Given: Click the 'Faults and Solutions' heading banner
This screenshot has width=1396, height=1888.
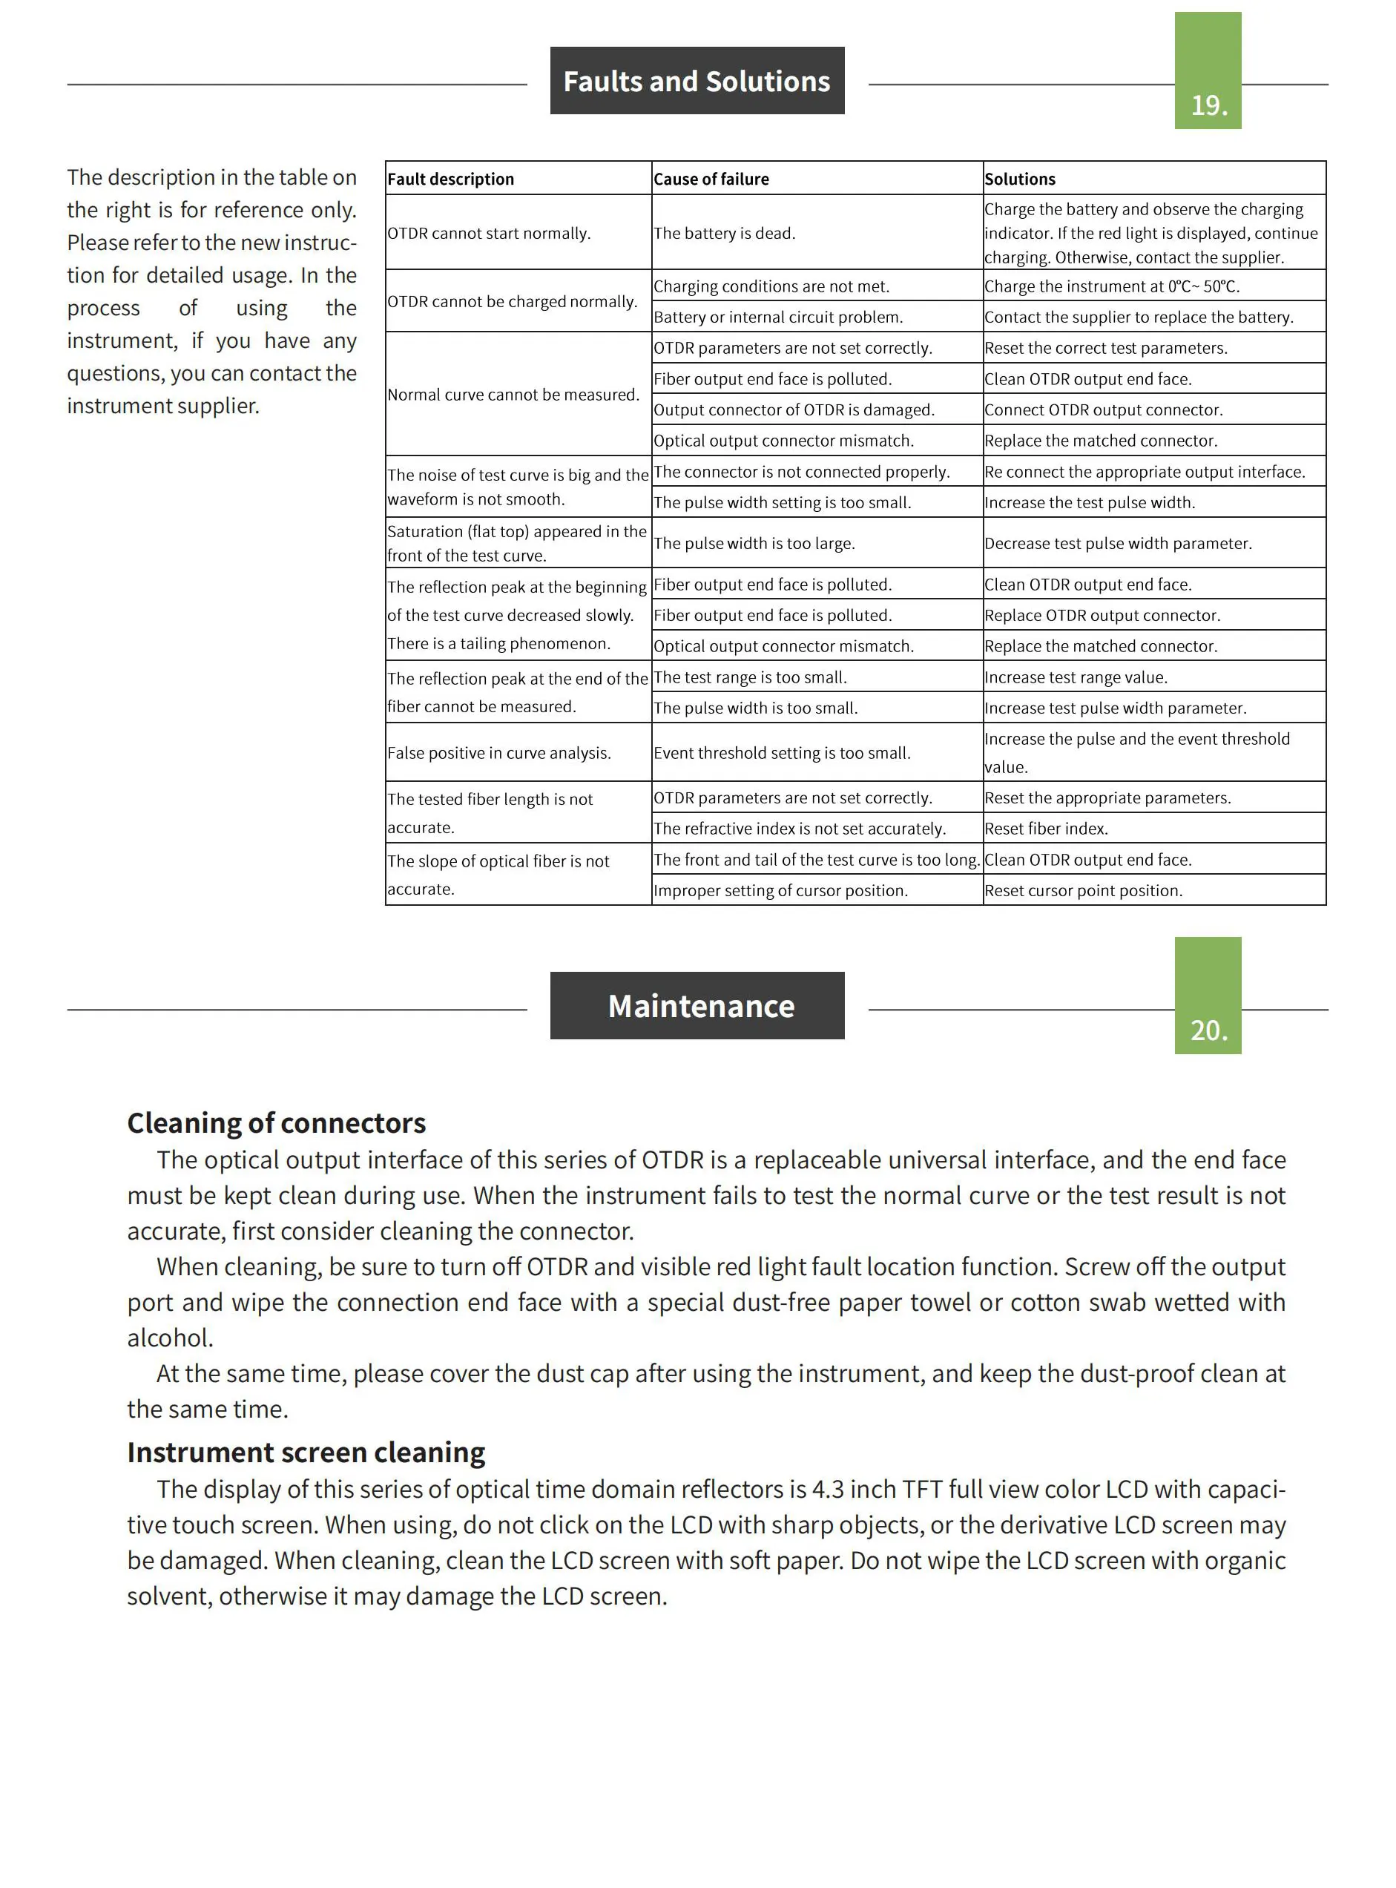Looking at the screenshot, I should click(x=697, y=81).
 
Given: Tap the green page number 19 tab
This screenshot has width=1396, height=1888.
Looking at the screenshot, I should click(x=1208, y=72).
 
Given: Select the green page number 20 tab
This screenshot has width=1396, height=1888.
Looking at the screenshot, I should click(x=1208, y=996).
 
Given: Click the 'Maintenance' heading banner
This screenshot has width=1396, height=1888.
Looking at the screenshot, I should click(x=697, y=1006).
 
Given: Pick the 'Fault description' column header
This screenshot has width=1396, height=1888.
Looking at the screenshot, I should click(x=450, y=180).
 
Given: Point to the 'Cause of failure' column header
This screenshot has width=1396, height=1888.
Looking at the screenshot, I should click(x=711, y=180).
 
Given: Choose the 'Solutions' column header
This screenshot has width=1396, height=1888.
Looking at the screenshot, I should click(x=1020, y=180).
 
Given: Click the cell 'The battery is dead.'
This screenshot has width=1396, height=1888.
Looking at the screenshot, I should click(x=724, y=233).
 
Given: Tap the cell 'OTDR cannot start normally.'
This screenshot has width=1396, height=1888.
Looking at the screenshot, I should click(x=488, y=233).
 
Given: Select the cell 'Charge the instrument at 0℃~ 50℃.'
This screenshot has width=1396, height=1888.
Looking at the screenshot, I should click(x=1112, y=286).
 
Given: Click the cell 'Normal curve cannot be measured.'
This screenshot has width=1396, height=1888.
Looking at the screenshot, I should click(x=513, y=395).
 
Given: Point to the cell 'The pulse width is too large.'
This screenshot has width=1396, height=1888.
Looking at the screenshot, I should click(x=754, y=544).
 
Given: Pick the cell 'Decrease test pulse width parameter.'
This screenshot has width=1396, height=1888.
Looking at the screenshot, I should click(x=1118, y=544).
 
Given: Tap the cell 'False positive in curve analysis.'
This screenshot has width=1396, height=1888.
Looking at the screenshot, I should click(x=498, y=753).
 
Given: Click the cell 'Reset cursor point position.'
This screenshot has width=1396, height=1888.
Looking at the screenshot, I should click(x=1083, y=891).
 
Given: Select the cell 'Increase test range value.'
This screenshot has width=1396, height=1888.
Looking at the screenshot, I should click(x=1076, y=678).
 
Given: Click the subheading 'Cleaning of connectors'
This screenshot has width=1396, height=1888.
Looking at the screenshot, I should click(x=277, y=1123).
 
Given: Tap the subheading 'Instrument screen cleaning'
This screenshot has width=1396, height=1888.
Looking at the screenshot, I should click(x=306, y=1452).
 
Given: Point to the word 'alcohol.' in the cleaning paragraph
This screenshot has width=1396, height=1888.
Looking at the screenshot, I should click(x=170, y=1338).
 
